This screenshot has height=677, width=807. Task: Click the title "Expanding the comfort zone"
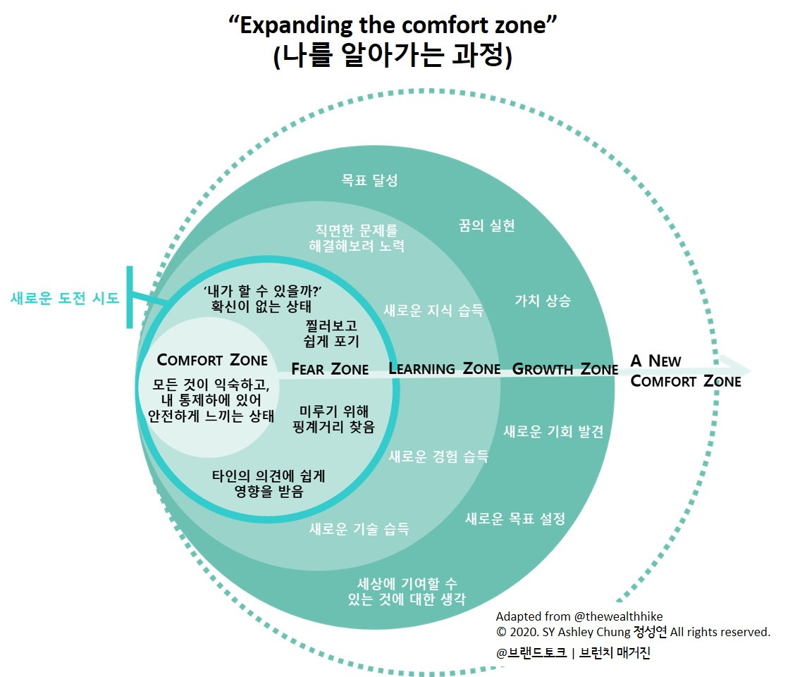click(x=393, y=26)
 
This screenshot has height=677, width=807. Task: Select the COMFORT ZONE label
click(x=212, y=360)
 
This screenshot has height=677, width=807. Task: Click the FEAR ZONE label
click(x=330, y=368)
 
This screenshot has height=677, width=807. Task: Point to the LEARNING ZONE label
click(x=444, y=368)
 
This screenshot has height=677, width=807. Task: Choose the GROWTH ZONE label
click(x=565, y=368)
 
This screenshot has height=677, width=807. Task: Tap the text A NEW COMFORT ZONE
click(x=685, y=371)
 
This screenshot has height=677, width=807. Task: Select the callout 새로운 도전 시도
click(x=65, y=298)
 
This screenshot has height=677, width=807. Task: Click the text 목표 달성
click(x=370, y=180)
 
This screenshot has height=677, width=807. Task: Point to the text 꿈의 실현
click(x=487, y=225)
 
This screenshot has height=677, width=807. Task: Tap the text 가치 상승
click(x=543, y=301)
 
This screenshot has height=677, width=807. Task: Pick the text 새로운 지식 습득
click(x=433, y=310)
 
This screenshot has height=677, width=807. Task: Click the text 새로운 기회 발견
click(x=553, y=432)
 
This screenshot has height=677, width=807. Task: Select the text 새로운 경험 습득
click(x=438, y=456)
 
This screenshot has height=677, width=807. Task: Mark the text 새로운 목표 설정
click(x=515, y=519)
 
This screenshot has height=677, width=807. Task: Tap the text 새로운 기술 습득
click(x=359, y=529)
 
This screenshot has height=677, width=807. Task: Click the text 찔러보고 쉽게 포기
click(x=333, y=334)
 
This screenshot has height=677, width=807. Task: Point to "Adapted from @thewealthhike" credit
click(x=579, y=616)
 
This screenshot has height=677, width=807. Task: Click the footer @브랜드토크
click(x=531, y=653)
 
